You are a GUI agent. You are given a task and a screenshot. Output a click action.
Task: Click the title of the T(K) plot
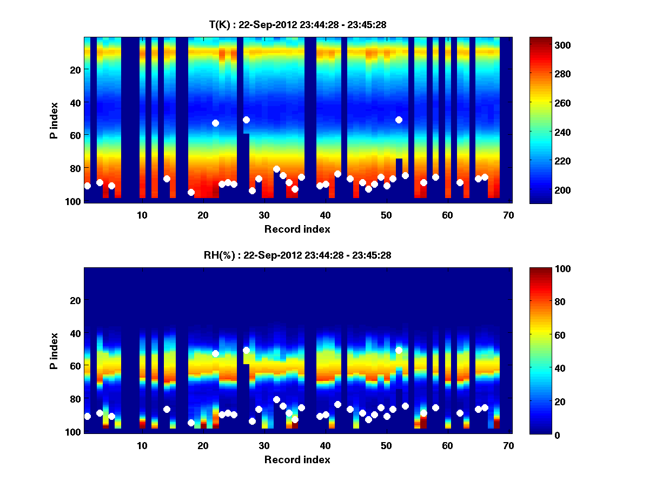[x=297, y=24]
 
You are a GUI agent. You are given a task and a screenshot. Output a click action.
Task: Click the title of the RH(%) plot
[x=297, y=255]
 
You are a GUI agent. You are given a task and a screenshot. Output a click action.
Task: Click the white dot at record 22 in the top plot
[x=215, y=123]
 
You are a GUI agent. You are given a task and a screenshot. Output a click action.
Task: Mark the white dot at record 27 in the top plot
[x=246, y=120]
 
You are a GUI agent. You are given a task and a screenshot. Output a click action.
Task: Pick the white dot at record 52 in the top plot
[x=399, y=120]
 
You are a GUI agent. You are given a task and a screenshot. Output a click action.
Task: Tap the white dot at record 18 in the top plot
[x=191, y=192]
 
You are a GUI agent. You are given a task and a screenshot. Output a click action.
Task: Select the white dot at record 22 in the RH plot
[x=215, y=353]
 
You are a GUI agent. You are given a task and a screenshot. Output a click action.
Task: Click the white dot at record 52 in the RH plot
[x=399, y=350]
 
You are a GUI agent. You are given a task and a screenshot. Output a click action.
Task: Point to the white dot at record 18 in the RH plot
[x=191, y=423]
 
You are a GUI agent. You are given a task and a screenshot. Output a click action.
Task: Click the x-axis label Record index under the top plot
[x=297, y=229]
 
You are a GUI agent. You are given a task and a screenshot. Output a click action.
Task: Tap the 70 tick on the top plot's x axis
[x=508, y=215]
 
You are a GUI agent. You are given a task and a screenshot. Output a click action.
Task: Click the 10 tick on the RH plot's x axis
[x=142, y=445]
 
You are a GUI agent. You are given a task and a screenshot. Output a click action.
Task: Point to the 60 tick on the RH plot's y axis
[x=75, y=366]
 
